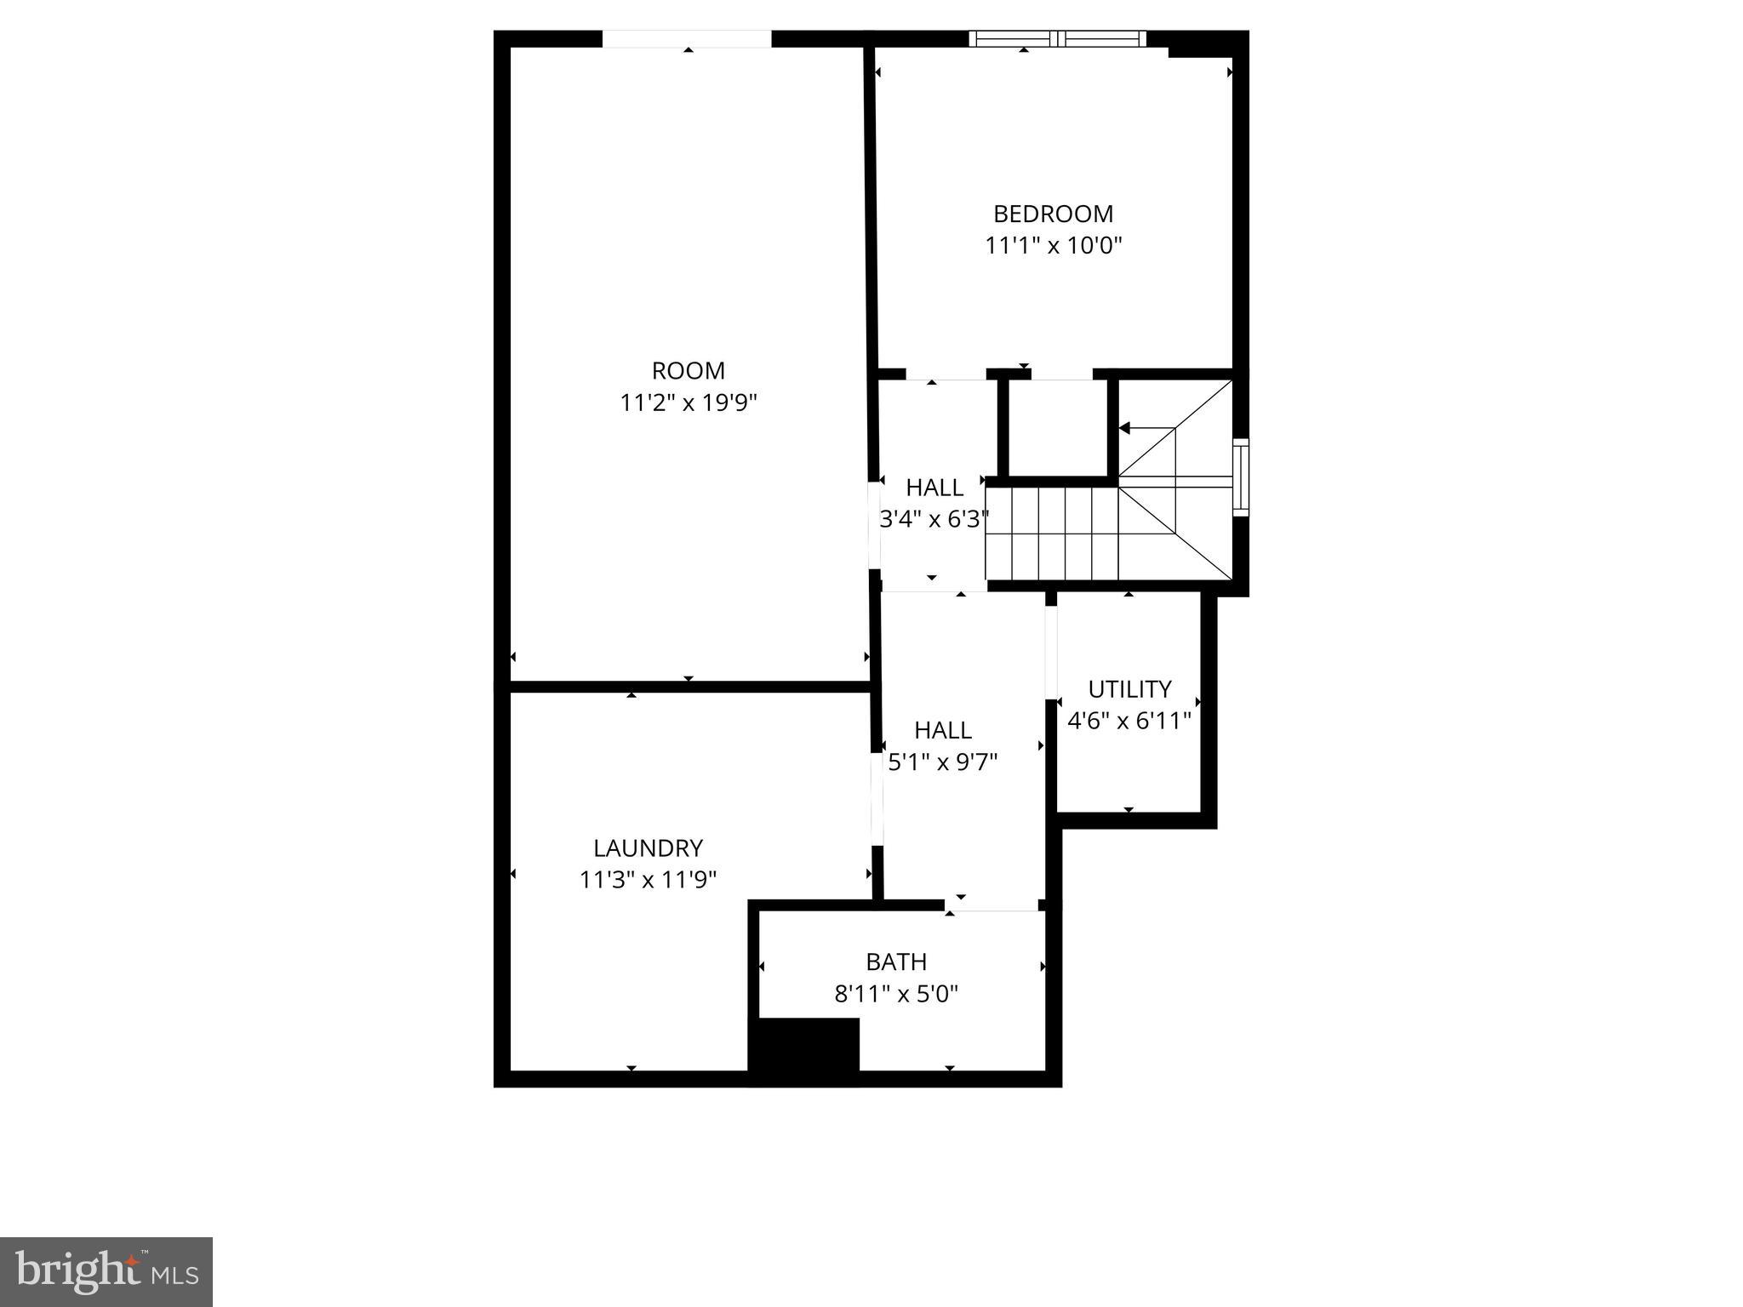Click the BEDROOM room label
point(1053,214)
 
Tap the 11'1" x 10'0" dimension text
point(1054,246)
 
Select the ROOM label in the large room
point(688,371)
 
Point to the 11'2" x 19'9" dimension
point(688,402)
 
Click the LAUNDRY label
point(648,848)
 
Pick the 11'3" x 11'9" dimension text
point(648,880)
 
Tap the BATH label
point(896,962)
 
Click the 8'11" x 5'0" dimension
point(896,994)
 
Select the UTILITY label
point(1129,689)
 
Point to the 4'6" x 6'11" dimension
point(1129,722)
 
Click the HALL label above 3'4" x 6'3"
point(934,488)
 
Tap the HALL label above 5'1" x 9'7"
point(943,730)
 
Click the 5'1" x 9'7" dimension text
point(943,762)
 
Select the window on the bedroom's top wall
point(1057,38)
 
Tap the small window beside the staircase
point(1241,477)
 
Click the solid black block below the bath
point(803,1051)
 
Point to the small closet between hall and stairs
point(1058,428)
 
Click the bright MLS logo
point(106,1271)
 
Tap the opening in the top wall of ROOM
point(687,39)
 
